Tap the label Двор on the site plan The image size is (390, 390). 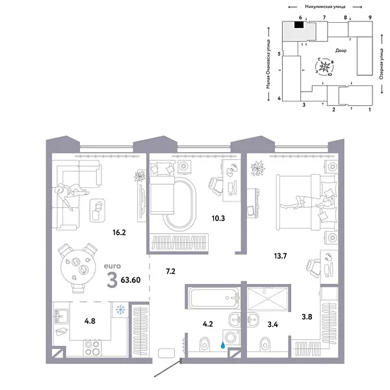(x=341, y=50)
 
